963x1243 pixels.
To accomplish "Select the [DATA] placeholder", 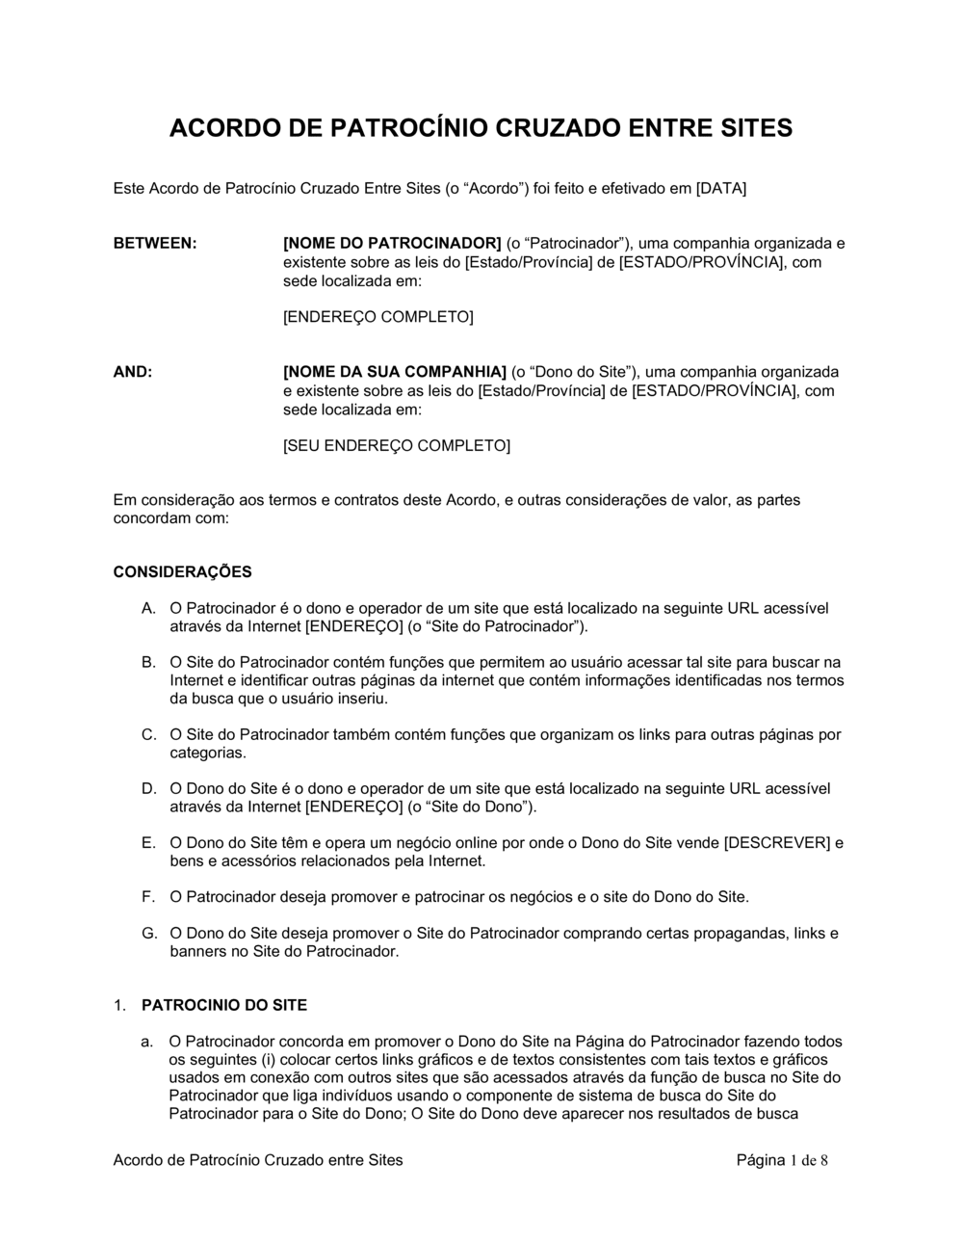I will coord(721,188).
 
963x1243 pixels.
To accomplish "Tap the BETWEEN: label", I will coord(155,243).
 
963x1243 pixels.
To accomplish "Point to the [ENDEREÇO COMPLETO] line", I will coord(377,316).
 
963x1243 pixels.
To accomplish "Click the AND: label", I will coord(133,372).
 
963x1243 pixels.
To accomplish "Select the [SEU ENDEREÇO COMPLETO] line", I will coord(396,445).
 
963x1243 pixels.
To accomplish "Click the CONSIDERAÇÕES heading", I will coord(182,571).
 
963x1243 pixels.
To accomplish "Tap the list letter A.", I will coord(148,609).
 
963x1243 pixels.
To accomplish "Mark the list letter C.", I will coord(148,735).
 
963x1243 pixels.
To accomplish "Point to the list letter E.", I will coord(148,843).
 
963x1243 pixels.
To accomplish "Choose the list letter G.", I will coord(149,934).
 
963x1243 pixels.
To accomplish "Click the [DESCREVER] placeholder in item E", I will coord(776,843).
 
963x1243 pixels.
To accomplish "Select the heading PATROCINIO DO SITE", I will coord(224,1005).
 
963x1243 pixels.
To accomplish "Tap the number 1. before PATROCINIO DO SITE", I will coord(119,1005).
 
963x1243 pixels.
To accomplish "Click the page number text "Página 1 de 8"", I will coord(782,1160).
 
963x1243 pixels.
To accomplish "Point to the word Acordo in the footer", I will coord(137,1160).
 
